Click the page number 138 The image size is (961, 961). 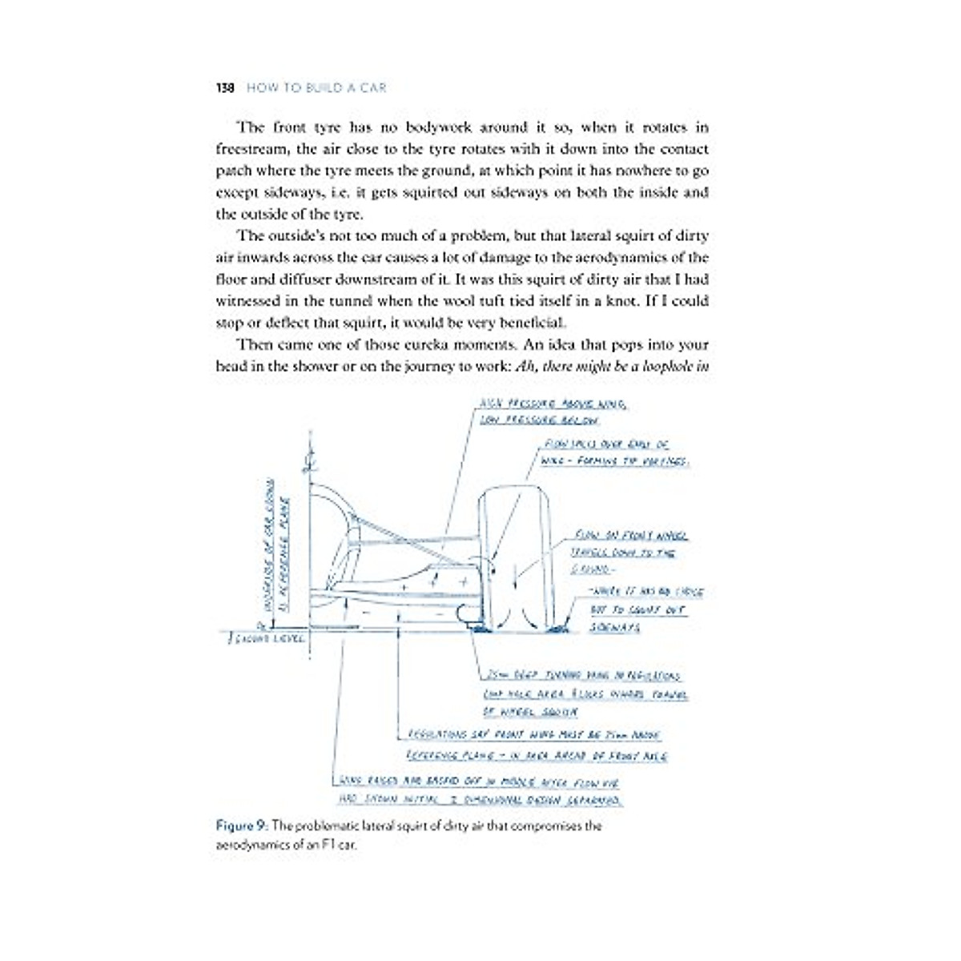(x=225, y=88)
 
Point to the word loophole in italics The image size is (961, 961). (x=669, y=367)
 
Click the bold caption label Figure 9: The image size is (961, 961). (x=242, y=826)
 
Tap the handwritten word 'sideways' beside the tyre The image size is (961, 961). (x=614, y=627)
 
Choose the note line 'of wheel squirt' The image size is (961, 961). (x=529, y=711)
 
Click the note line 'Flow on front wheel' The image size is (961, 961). (x=629, y=535)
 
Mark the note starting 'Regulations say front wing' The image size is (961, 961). (x=534, y=734)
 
